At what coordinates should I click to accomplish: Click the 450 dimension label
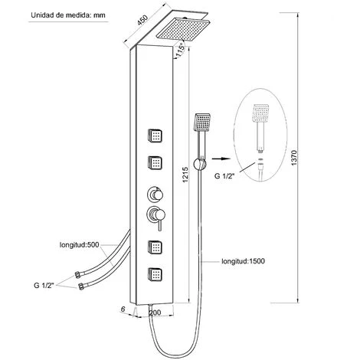pos(142,20)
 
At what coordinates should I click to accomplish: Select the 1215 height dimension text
pos(185,175)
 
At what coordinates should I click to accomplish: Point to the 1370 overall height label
pos(294,158)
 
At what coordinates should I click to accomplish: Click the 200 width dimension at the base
pos(155,313)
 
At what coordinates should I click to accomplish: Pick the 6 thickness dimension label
pos(123,309)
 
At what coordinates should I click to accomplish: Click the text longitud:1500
pos(243,261)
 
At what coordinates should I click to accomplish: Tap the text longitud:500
pos(79,245)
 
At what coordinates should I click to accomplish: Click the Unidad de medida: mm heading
pos(68,15)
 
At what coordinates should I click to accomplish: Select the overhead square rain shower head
pos(183,29)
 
